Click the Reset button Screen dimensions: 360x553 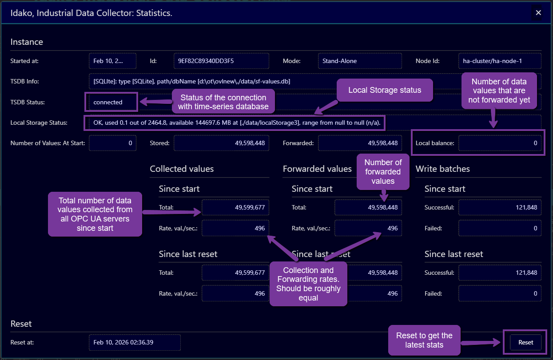(x=525, y=342)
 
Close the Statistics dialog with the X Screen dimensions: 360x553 (x=538, y=13)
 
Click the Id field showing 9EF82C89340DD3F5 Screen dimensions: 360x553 (x=221, y=61)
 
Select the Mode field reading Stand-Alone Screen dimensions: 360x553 (x=360, y=61)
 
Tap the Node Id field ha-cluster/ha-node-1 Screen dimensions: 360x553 (x=499, y=61)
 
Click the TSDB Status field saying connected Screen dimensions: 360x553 (x=112, y=102)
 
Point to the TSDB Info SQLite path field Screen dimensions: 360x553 (x=267, y=82)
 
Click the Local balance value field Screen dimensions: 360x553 (x=500, y=143)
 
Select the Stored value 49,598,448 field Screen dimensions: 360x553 (x=221, y=143)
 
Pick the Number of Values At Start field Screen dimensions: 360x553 (x=112, y=143)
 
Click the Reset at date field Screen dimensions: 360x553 (x=135, y=342)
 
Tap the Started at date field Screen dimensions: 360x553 (x=112, y=61)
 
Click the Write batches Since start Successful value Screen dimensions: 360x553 (x=500, y=207)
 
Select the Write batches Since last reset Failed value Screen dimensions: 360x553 (x=500, y=293)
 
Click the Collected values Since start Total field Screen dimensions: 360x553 (x=235, y=207)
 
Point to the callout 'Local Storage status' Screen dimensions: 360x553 (x=385, y=90)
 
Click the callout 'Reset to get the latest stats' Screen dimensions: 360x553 (x=424, y=340)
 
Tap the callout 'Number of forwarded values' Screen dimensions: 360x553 (x=383, y=172)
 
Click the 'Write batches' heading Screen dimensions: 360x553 (x=442, y=169)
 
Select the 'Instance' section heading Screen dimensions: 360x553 (x=27, y=42)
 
